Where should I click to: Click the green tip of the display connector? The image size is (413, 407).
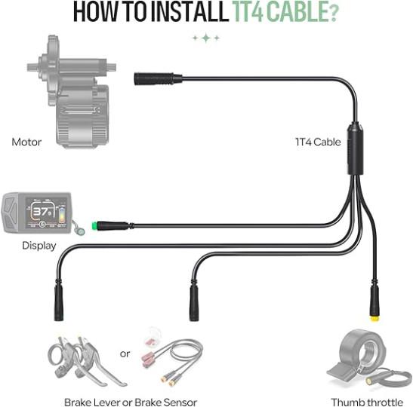94,226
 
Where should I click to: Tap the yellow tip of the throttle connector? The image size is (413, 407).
374,319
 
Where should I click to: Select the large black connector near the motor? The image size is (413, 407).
158,78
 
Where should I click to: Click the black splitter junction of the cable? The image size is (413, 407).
356,148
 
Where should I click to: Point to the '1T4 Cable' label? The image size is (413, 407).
318,142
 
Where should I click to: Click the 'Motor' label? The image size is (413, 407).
26,142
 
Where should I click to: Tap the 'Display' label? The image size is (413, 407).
39,246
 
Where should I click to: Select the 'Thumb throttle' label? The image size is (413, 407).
367,402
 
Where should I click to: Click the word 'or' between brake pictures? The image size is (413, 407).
125,354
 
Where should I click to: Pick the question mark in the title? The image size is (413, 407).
333,13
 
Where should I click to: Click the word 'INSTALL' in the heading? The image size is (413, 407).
190,12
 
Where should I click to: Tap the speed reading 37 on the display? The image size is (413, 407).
41,211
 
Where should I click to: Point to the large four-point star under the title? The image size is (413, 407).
207,38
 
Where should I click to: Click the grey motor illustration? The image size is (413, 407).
72,91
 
